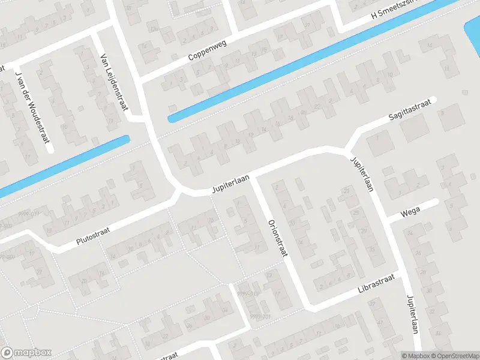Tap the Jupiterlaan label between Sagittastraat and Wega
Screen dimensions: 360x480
pos(362,173)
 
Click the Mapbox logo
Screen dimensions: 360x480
pos(26,353)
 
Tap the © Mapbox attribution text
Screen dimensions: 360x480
pos(413,355)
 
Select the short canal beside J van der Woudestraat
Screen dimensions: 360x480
pos(72,161)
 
